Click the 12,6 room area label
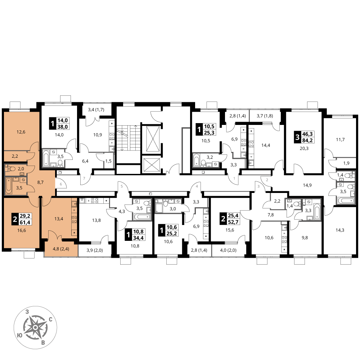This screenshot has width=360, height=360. (x=21, y=132)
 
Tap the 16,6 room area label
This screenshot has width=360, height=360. (x=22, y=230)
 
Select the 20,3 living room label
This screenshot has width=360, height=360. (x=304, y=149)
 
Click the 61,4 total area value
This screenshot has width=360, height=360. (x=25, y=222)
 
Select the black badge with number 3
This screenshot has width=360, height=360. (x=298, y=137)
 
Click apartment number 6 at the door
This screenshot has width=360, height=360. (x=61, y=184)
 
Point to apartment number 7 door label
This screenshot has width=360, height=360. (x=84, y=178)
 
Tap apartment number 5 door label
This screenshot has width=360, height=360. (x=122, y=186)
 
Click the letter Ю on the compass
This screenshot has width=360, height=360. (x=20, y=336)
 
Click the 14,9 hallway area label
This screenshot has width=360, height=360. (x=307, y=185)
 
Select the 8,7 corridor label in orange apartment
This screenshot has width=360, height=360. (x=40, y=183)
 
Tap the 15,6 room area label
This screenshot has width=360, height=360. (x=230, y=230)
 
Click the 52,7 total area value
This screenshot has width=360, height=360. (x=233, y=222)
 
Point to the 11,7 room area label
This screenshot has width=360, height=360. (x=340, y=140)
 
